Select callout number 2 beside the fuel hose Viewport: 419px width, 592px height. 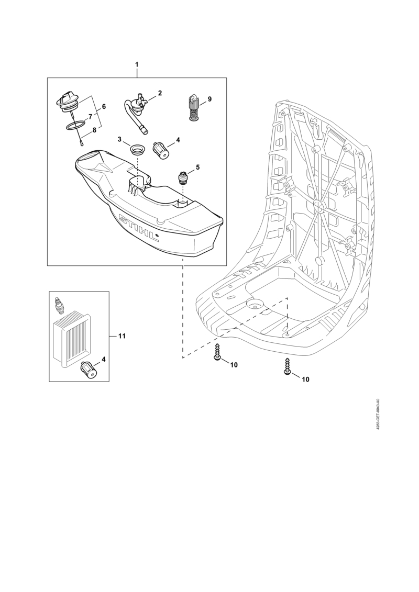(160, 93)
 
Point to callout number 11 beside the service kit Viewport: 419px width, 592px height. (122, 336)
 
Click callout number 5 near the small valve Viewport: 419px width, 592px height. (197, 167)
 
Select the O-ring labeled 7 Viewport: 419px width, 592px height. (75, 125)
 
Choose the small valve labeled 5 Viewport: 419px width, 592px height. (183, 177)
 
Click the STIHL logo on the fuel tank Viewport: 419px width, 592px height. (139, 228)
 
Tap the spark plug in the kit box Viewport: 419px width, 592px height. (59, 304)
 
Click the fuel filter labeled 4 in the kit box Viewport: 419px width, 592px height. (89, 369)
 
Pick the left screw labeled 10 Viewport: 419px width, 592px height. (217, 352)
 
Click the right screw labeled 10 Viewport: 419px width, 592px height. (286, 366)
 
